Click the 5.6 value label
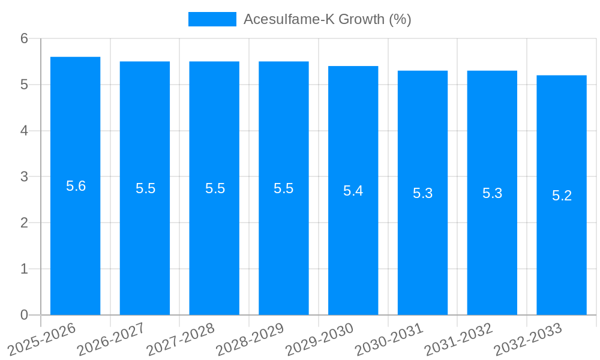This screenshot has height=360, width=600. click(x=76, y=186)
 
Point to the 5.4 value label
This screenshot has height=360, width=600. click(x=353, y=191)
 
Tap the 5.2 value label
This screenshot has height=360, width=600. click(x=562, y=196)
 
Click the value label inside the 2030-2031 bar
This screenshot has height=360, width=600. click(x=422, y=193)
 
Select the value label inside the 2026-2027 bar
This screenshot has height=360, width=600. click(x=145, y=188)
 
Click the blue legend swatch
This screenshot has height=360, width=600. click(x=212, y=19)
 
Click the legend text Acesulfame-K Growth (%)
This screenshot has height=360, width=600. click(x=327, y=19)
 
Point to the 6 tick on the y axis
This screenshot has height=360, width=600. click(x=24, y=38)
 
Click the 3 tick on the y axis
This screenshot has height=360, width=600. click(x=24, y=177)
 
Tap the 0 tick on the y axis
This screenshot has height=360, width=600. click(x=24, y=315)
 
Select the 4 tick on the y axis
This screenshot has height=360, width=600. click(x=24, y=131)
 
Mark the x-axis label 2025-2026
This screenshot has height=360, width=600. click(x=41, y=340)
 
